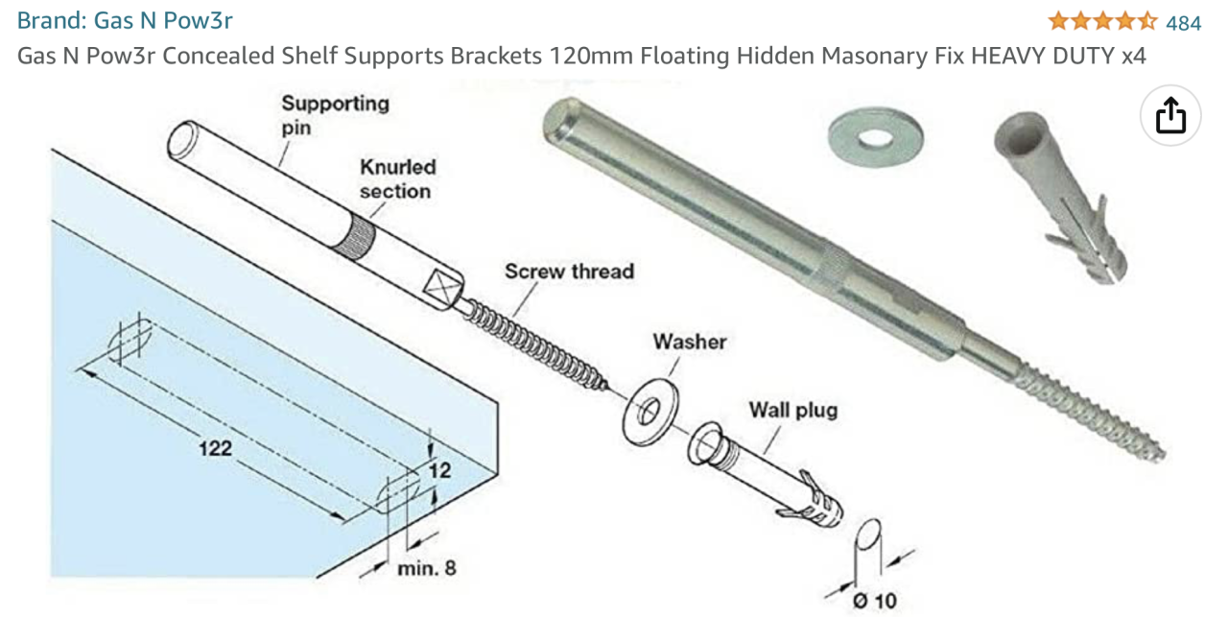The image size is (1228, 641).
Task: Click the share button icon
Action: coord(1170,116)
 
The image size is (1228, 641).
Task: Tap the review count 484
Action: coord(1183,22)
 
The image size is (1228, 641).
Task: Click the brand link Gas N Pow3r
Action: coord(125,20)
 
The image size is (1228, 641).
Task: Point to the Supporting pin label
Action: coord(335,114)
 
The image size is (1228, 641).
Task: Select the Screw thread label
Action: coord(569,272)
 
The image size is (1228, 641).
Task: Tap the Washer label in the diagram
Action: coord(689,342)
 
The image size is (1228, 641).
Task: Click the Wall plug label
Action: coord(792,411)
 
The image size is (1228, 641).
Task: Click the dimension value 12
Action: coord(439,471)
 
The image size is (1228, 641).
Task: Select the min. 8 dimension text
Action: coord(427,568)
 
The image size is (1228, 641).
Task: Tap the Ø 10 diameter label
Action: coord(873,601)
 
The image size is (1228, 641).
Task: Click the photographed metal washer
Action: coord(875,134)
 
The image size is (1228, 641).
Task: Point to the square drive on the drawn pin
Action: coord(443,286)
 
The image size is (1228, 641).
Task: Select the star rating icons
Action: coord(1102,21)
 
